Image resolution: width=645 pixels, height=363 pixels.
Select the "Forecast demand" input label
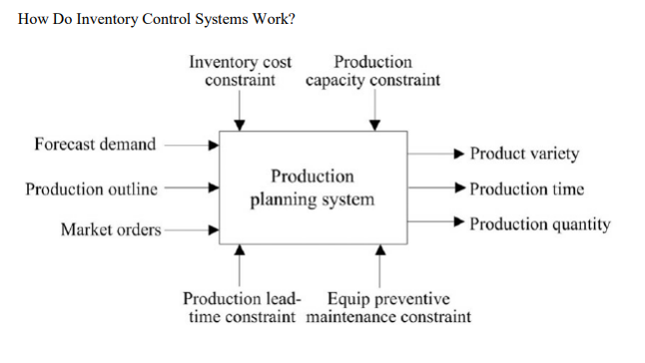coord(95,144)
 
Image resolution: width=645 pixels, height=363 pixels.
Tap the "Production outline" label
coord(92,188)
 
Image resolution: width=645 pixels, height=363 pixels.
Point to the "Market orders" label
coord(111,230)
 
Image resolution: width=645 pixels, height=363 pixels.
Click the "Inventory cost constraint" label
coord(241,71)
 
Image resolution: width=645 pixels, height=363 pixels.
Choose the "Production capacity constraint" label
coord(372,71)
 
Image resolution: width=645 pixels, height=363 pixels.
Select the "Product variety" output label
coord(524,154)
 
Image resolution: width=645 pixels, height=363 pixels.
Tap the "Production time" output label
coord(527,188)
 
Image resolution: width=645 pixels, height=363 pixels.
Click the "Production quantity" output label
coord(540,224)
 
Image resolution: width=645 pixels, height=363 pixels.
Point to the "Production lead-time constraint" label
coord(241,308)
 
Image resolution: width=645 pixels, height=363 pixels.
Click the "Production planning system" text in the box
coord(313,187)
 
